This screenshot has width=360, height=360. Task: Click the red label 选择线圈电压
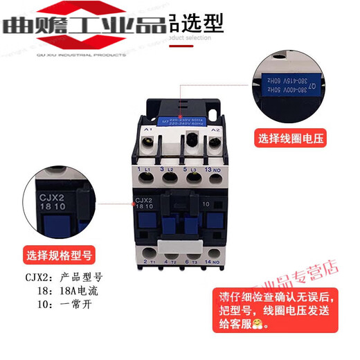pyautogui.click(x=290, y=137)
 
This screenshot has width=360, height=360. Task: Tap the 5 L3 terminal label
pyautogui.click(x=188, y=170)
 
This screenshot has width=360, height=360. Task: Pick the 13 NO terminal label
pyautogui.click(x=213, y=170)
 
